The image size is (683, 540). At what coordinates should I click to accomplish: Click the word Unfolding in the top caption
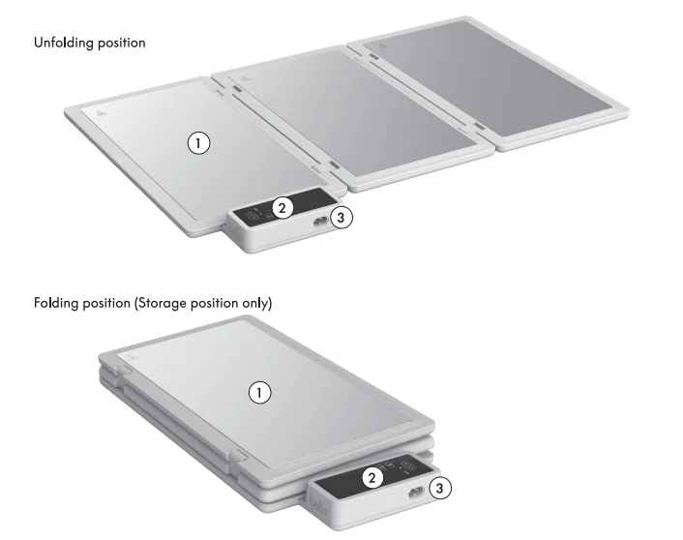[x=62, y=44]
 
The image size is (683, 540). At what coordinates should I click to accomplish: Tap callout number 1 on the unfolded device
[x=197, y=143]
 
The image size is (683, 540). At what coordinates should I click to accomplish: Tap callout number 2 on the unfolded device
[x=282, y=206]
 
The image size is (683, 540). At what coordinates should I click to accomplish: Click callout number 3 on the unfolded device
[x=340, y=218]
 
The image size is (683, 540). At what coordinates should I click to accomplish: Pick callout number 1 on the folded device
[x=258, y=392]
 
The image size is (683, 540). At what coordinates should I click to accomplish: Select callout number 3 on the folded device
[x=438, y=489]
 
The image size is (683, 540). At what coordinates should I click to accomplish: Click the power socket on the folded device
[x=414, y=492]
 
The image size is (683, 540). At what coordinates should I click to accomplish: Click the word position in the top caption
[x=120, y=44]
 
